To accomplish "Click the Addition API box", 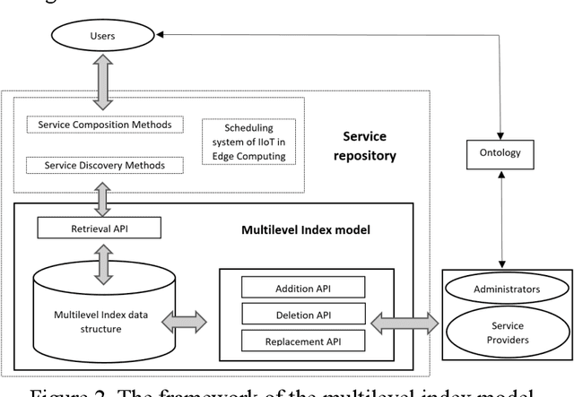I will click(303, 287).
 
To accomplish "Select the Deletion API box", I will click(303, 314).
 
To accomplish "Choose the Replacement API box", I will click(303, 341).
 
